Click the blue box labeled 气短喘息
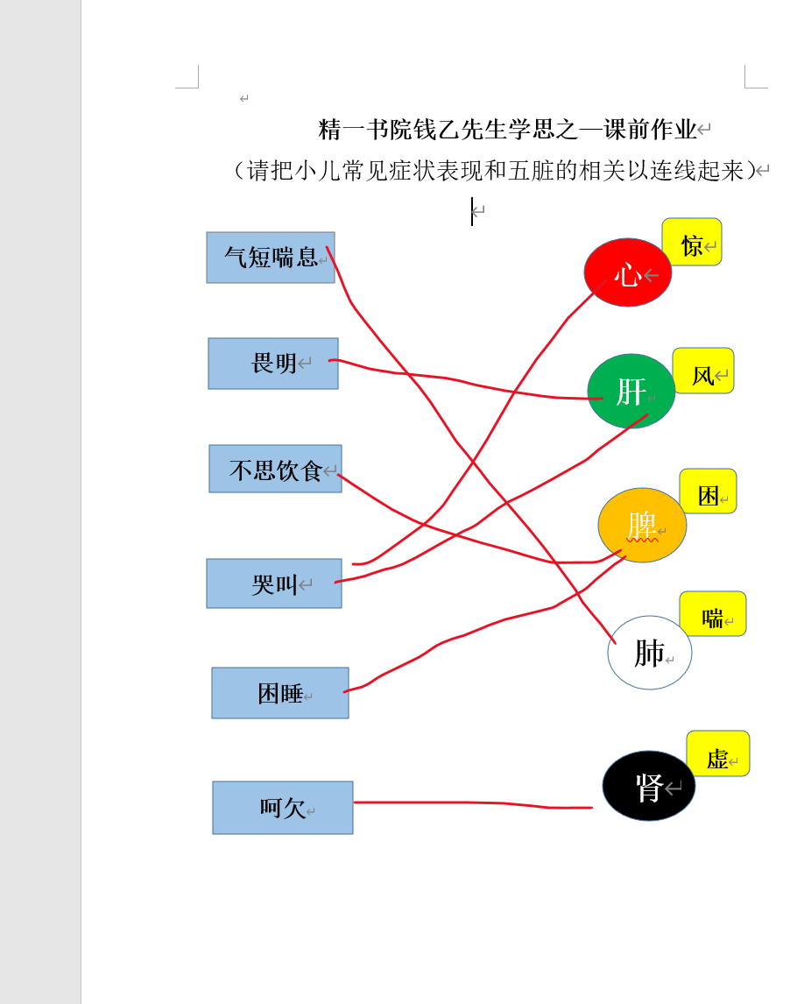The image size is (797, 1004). click(x=270, y=258)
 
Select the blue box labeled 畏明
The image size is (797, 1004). click(x=273, y=364)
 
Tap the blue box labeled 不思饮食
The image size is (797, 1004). click(x=275, y=469)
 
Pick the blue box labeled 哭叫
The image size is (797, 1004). click(x=274, y=583)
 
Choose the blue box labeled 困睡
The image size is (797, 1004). click(x=280, y=693)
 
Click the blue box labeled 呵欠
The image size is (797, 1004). click(x=283, y=808)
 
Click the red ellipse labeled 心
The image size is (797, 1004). click(x=627, y=272)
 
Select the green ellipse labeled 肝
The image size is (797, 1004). click(x=631, y=391)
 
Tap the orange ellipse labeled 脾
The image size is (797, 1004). click(x=642, y=525)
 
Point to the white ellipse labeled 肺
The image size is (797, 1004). click(x=650, y=653)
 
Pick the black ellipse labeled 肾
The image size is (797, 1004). click(x=648, y=786)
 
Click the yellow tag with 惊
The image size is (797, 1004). click(x=692, y=242)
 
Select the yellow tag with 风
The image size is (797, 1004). click(x=703, y=371)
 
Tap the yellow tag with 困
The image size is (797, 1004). click(x=708, y=491)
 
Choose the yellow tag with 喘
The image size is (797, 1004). click(x=713, y=613)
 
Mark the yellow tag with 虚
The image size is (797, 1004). click(x=717, y=753)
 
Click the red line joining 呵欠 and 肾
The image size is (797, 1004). click(x=473, y=803)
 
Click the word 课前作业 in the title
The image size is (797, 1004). click(x=650, y=130)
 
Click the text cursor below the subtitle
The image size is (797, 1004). click(x=472, y=211)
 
